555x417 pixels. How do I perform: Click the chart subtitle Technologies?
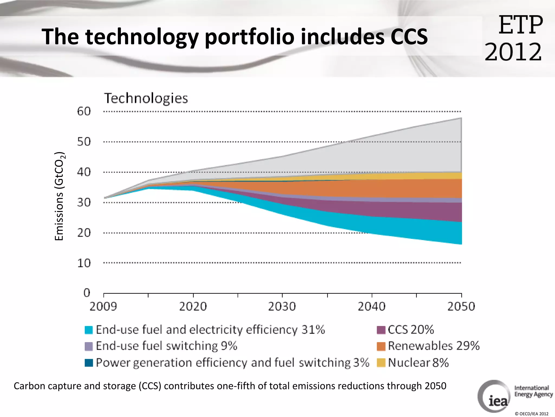click(x=146, y=98)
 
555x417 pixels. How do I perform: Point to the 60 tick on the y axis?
click(x=84, y=111)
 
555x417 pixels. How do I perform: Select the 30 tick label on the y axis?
click(x=84, y=202)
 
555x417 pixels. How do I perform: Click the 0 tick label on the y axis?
click(x=87, y=293)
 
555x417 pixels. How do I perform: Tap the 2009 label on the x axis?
click(x=103, y=307)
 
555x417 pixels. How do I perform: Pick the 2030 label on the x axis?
click(x=282, y=307)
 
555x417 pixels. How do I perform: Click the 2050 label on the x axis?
click(x=461, y=307)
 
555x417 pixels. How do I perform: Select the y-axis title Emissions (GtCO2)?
click(x=59, y=196)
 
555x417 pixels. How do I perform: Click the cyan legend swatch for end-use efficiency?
click(x=89, y=330)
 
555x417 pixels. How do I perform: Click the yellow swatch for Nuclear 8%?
click(x=381, y=363)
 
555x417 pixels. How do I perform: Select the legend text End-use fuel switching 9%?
click(x=166, y=346)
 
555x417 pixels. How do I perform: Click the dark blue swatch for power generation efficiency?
click(x=89, y=363)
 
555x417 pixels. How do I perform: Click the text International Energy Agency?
click(x=533, y=391)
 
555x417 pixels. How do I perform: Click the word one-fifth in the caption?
click(x=236, y=386)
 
